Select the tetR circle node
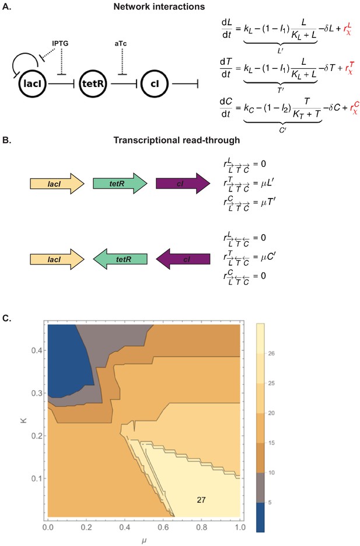tap(93, 84)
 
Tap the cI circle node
tap(155, 84)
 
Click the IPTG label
tap(60, 44)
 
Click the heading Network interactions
tap(159, 6)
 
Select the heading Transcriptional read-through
tap(177, 140)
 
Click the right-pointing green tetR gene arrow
tap(120, 183)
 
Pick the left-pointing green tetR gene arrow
tap(120, 259)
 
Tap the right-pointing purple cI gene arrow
tap(183, 183)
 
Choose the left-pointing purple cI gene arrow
tap(183, 259)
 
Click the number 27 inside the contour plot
tap(201, 500)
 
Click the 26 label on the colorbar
tap(271, 353)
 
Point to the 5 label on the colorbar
tap(270, 502)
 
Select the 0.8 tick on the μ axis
tap(202, 527)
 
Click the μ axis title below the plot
tap(144, 542)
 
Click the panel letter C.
tap(7, 319)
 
